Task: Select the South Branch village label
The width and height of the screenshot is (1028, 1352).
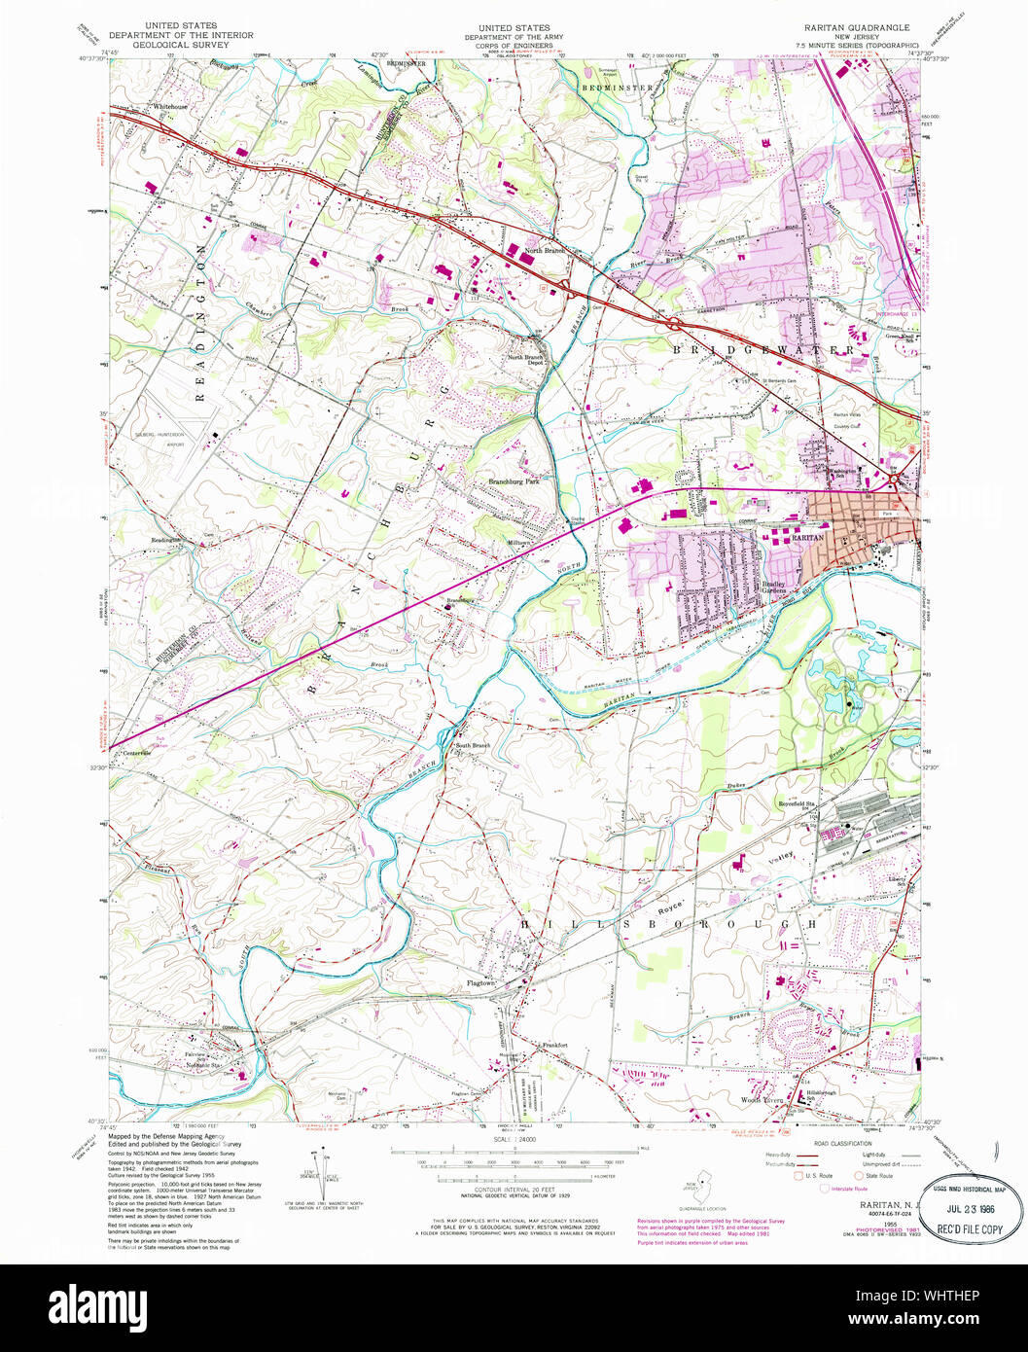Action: pos(474,746)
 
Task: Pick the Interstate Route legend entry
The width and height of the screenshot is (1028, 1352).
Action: pos(852,1189)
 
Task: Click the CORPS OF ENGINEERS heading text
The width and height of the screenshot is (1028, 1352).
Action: pos(507,45)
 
